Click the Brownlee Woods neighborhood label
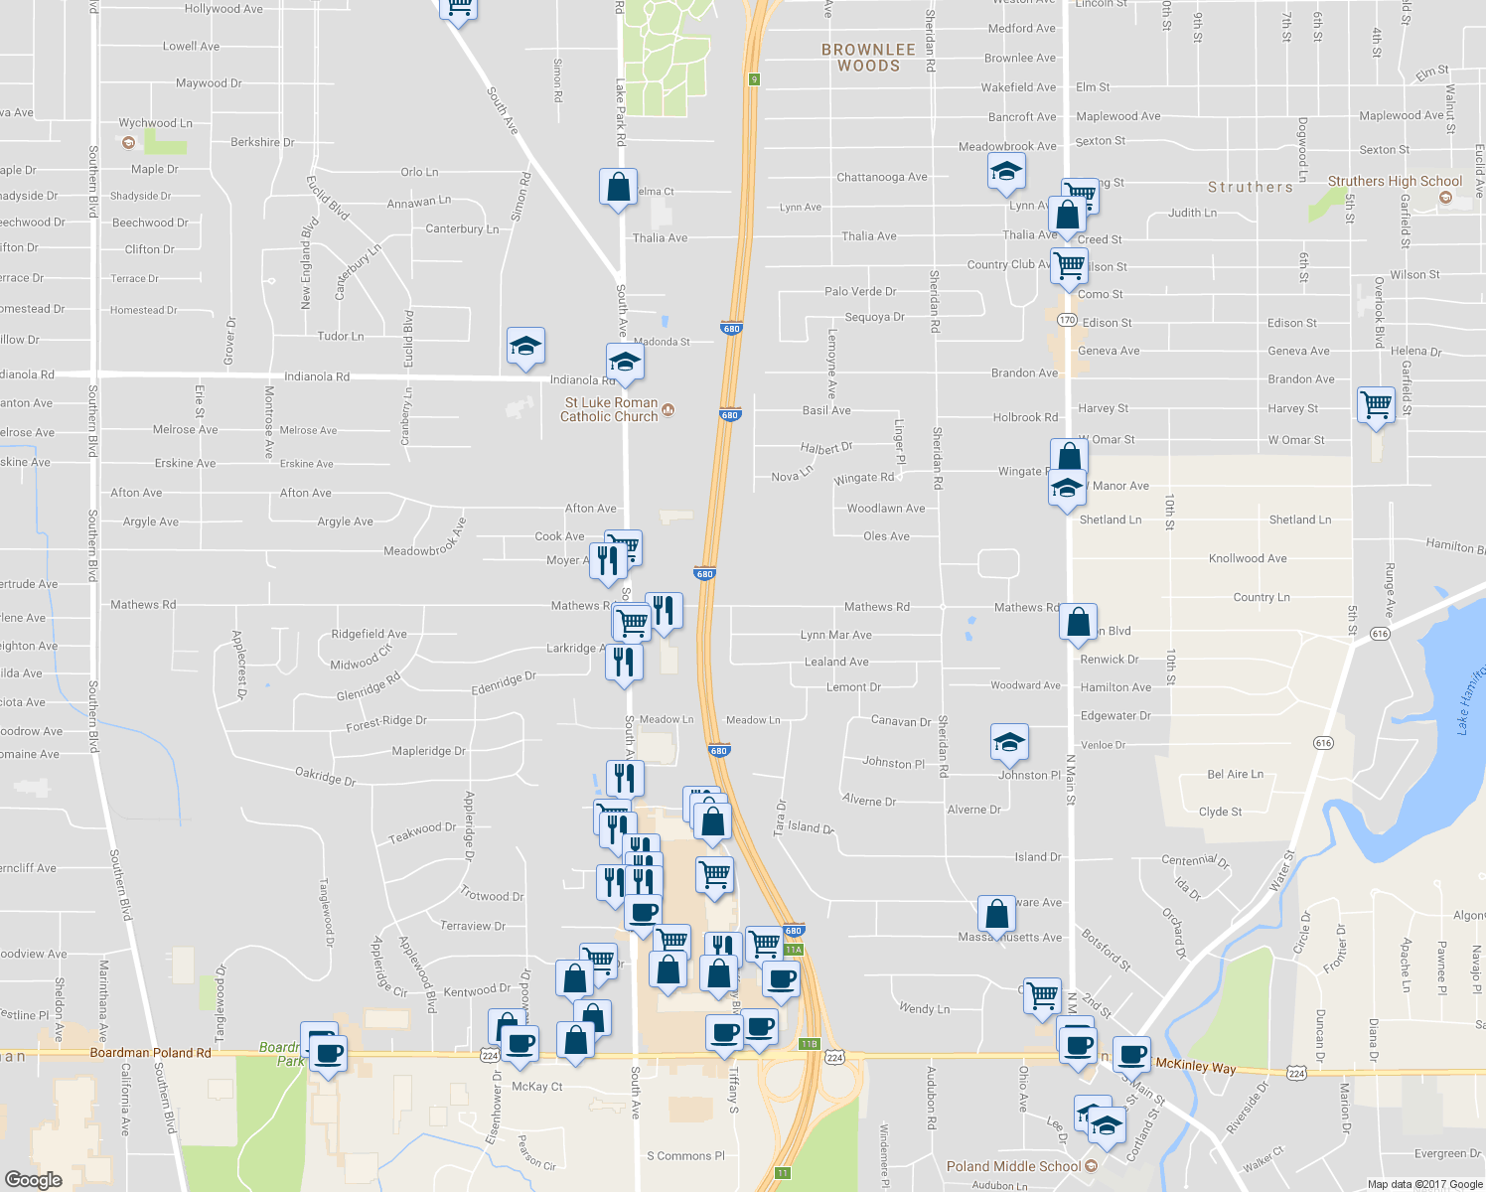[x=868, y=58]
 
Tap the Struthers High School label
[x=1395, y=182]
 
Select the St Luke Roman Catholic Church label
[x=610, y=409]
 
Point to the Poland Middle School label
[x=1012, y=1166]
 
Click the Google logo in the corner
[x=33, y=1179]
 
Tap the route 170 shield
[x=1067, y=320]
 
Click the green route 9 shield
[x=754, y=79]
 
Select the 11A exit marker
[x=793, y=950]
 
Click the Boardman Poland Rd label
[x=150, y=1053]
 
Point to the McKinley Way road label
[x=1196, y=1067]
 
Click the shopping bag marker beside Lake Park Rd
[x=618, y=187]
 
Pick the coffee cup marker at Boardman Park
[x=329, y=1052]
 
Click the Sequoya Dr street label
[x=874, y=318]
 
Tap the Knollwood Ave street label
[x=1248, y=558]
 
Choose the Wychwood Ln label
[x=156, y=123]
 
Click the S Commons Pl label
[x=685, y=1156]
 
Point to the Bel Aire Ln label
[x=1236, y=775]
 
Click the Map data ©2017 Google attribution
[x=1423, y=1184]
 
